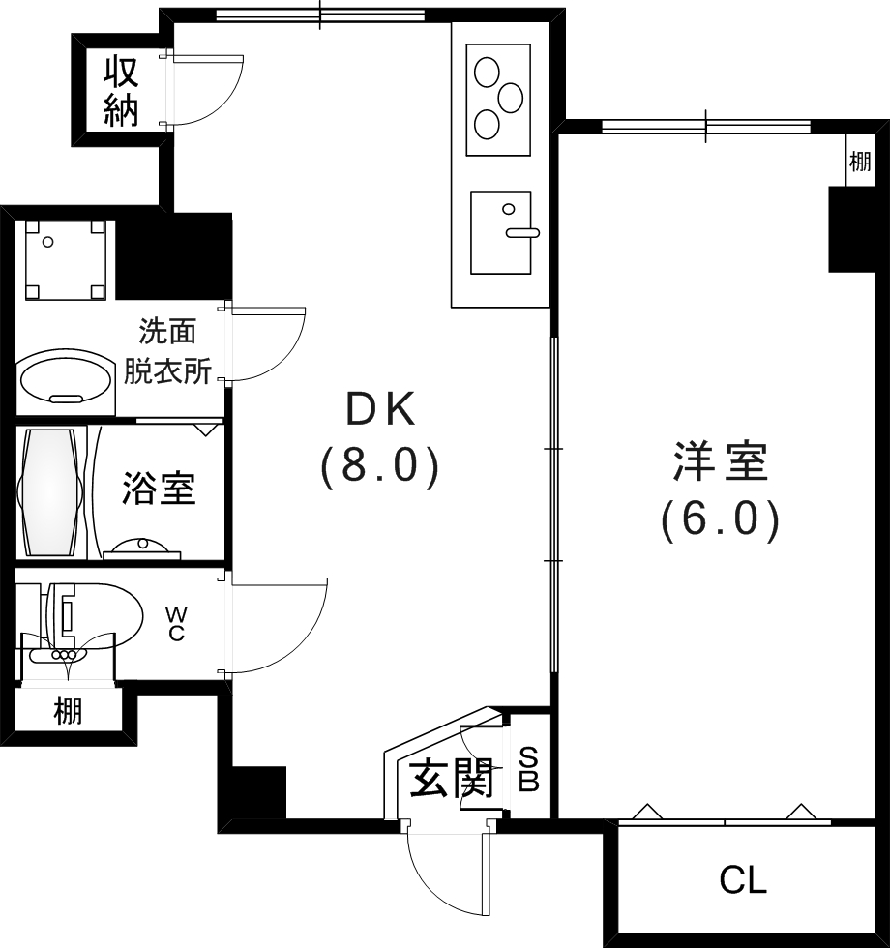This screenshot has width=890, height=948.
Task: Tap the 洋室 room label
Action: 721,463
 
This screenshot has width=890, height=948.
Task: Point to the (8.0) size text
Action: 381,467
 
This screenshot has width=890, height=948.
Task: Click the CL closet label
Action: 743,880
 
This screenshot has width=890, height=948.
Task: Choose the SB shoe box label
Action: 528,769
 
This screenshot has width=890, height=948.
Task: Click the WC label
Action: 177,623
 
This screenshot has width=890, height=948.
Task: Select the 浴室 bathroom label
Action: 159,489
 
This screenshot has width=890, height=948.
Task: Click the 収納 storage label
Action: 121,92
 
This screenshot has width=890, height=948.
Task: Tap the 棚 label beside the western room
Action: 860,162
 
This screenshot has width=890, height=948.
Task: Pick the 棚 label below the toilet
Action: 68,712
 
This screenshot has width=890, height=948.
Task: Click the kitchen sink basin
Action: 500,232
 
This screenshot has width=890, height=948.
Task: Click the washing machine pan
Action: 65,259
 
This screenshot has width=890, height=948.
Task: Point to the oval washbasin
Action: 65,378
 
